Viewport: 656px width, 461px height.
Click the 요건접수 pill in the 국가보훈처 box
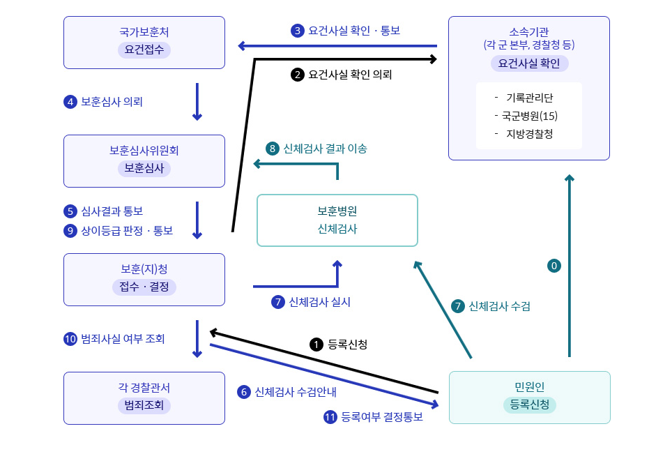pyautogui.click(x=144, y=50)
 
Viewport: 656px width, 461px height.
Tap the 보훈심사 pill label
pyautogui.click(x=144, y=168)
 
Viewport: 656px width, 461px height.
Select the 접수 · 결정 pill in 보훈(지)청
pyautogui.click(x=144, y=287)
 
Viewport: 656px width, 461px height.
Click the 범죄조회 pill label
pyautogui.click(x=144, y=405)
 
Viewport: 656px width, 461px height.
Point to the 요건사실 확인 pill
pyautogui.click(x=529, y=63)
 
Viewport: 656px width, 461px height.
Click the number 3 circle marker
pyautogui.click(x=298, y=31)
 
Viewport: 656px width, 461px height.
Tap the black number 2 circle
pyautogui.click(x=298, y=74)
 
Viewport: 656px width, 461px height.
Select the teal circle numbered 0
pyautogui.click(x=554, y=266)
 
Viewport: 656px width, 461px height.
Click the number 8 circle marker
pyautogui.click(x=273, y=149)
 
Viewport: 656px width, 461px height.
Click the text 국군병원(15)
pyautogui.click(x=529, y=116)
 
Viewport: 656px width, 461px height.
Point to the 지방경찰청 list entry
pyautogui.click(x=529, y=134)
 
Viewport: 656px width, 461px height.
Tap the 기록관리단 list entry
pyautogui.click(x=529, y=98)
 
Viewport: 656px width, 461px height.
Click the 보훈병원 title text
pyautogui.click(x=337, y=211)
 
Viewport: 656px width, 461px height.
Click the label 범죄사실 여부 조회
pyautogui.click(x=123, y=339)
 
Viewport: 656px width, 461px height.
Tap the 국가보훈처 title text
pyautogui.click(x=144, y=32)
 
